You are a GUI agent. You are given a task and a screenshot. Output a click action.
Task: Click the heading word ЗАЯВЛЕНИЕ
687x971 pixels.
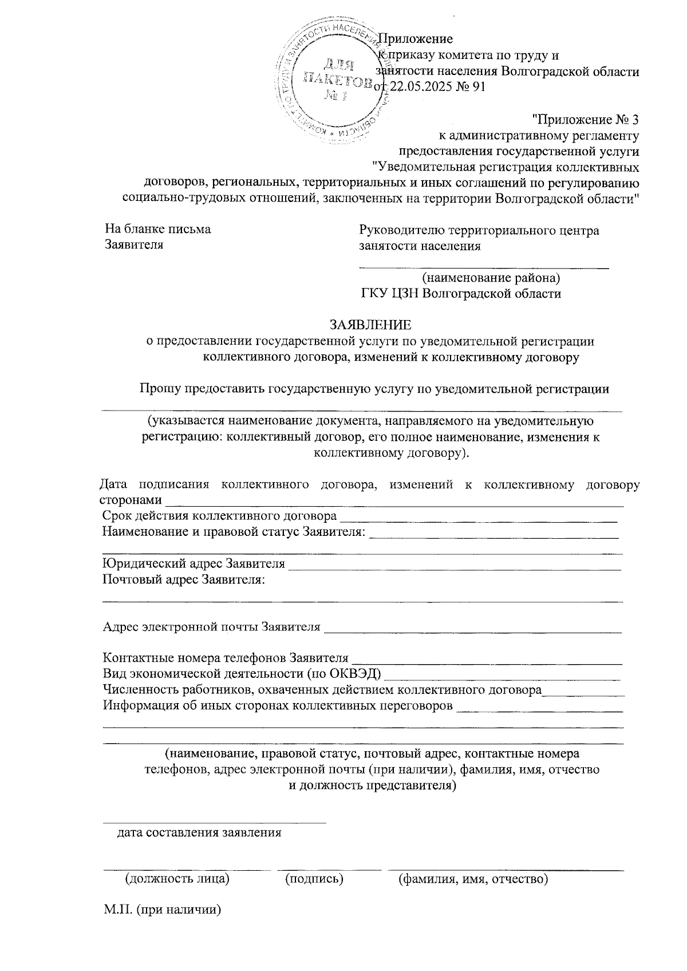pos(370,325)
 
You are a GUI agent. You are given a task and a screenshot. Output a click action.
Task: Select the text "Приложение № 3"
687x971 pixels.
pos(585,120)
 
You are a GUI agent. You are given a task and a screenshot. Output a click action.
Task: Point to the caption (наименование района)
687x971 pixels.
pos(491,278)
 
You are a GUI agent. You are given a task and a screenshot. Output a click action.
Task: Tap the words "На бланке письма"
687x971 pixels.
pos(157,230)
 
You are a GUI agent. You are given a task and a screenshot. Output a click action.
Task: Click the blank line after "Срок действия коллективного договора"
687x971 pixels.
pos(479,520)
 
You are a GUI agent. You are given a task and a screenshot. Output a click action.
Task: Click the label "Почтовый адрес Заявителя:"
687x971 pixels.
pos(184,580)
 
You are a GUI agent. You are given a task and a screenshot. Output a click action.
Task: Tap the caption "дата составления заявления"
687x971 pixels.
pos(199,832)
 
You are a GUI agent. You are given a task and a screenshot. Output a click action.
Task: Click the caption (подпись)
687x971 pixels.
pos(314,878)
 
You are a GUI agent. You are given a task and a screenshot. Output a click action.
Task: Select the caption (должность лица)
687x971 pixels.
pos(177,878)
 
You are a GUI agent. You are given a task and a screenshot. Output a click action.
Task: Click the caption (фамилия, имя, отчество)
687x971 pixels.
pos(473,878)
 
